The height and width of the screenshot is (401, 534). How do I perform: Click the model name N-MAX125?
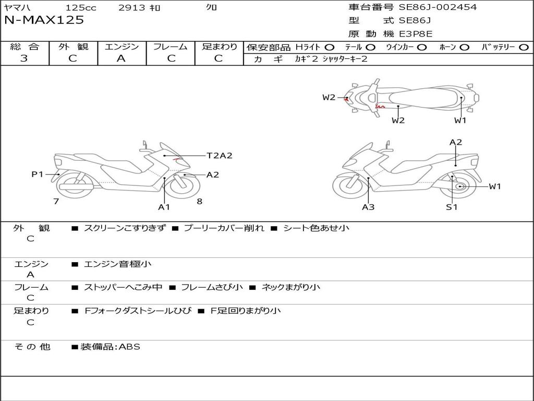point(44,20)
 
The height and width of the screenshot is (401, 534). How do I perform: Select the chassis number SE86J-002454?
point(438,7)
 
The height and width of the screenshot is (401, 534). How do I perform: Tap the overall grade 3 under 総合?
point(24,58)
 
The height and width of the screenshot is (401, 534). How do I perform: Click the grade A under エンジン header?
point(121,58)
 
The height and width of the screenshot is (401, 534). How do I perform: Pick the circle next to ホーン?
point(464,48)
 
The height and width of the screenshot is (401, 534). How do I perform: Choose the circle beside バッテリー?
point(524,48)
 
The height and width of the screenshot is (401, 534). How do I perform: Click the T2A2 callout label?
point(220,156)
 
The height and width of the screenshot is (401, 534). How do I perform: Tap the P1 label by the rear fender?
point(38,174)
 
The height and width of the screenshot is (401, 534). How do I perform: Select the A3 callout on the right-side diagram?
point(368,207)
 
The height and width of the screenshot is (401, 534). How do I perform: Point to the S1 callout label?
point(452,207)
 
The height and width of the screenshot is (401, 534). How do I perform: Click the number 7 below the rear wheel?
point(56,201)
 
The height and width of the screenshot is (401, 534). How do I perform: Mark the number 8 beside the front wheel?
point(200,201)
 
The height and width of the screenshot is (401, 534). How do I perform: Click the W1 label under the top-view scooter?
point(460,120)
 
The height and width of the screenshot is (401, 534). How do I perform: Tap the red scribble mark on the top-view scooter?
point(380,107)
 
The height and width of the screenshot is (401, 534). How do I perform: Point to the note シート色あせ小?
point(317,228)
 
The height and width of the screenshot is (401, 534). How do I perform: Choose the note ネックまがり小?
point(291,287)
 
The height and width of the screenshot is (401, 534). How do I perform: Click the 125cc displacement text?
point(81,7)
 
